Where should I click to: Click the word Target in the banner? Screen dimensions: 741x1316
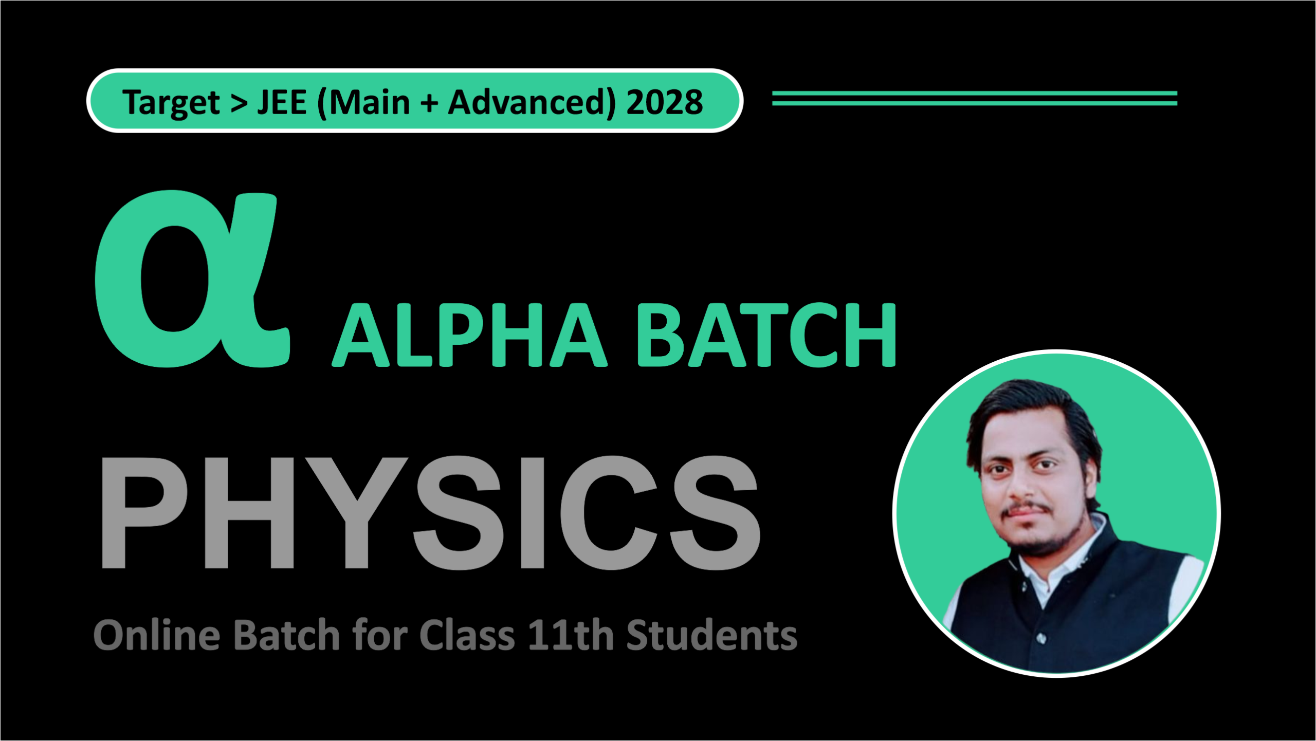[171, 103]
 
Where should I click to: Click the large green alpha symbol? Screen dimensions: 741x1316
[190, 280]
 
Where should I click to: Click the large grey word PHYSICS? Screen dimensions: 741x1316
[429, 513]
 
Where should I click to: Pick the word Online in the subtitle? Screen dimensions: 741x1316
[157, 635]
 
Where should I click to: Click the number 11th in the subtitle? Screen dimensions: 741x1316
[571, 635]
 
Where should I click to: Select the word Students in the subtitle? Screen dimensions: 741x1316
[712, 635]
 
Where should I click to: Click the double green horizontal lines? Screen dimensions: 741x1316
[974, 98]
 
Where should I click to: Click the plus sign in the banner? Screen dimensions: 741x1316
[429, 103]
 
